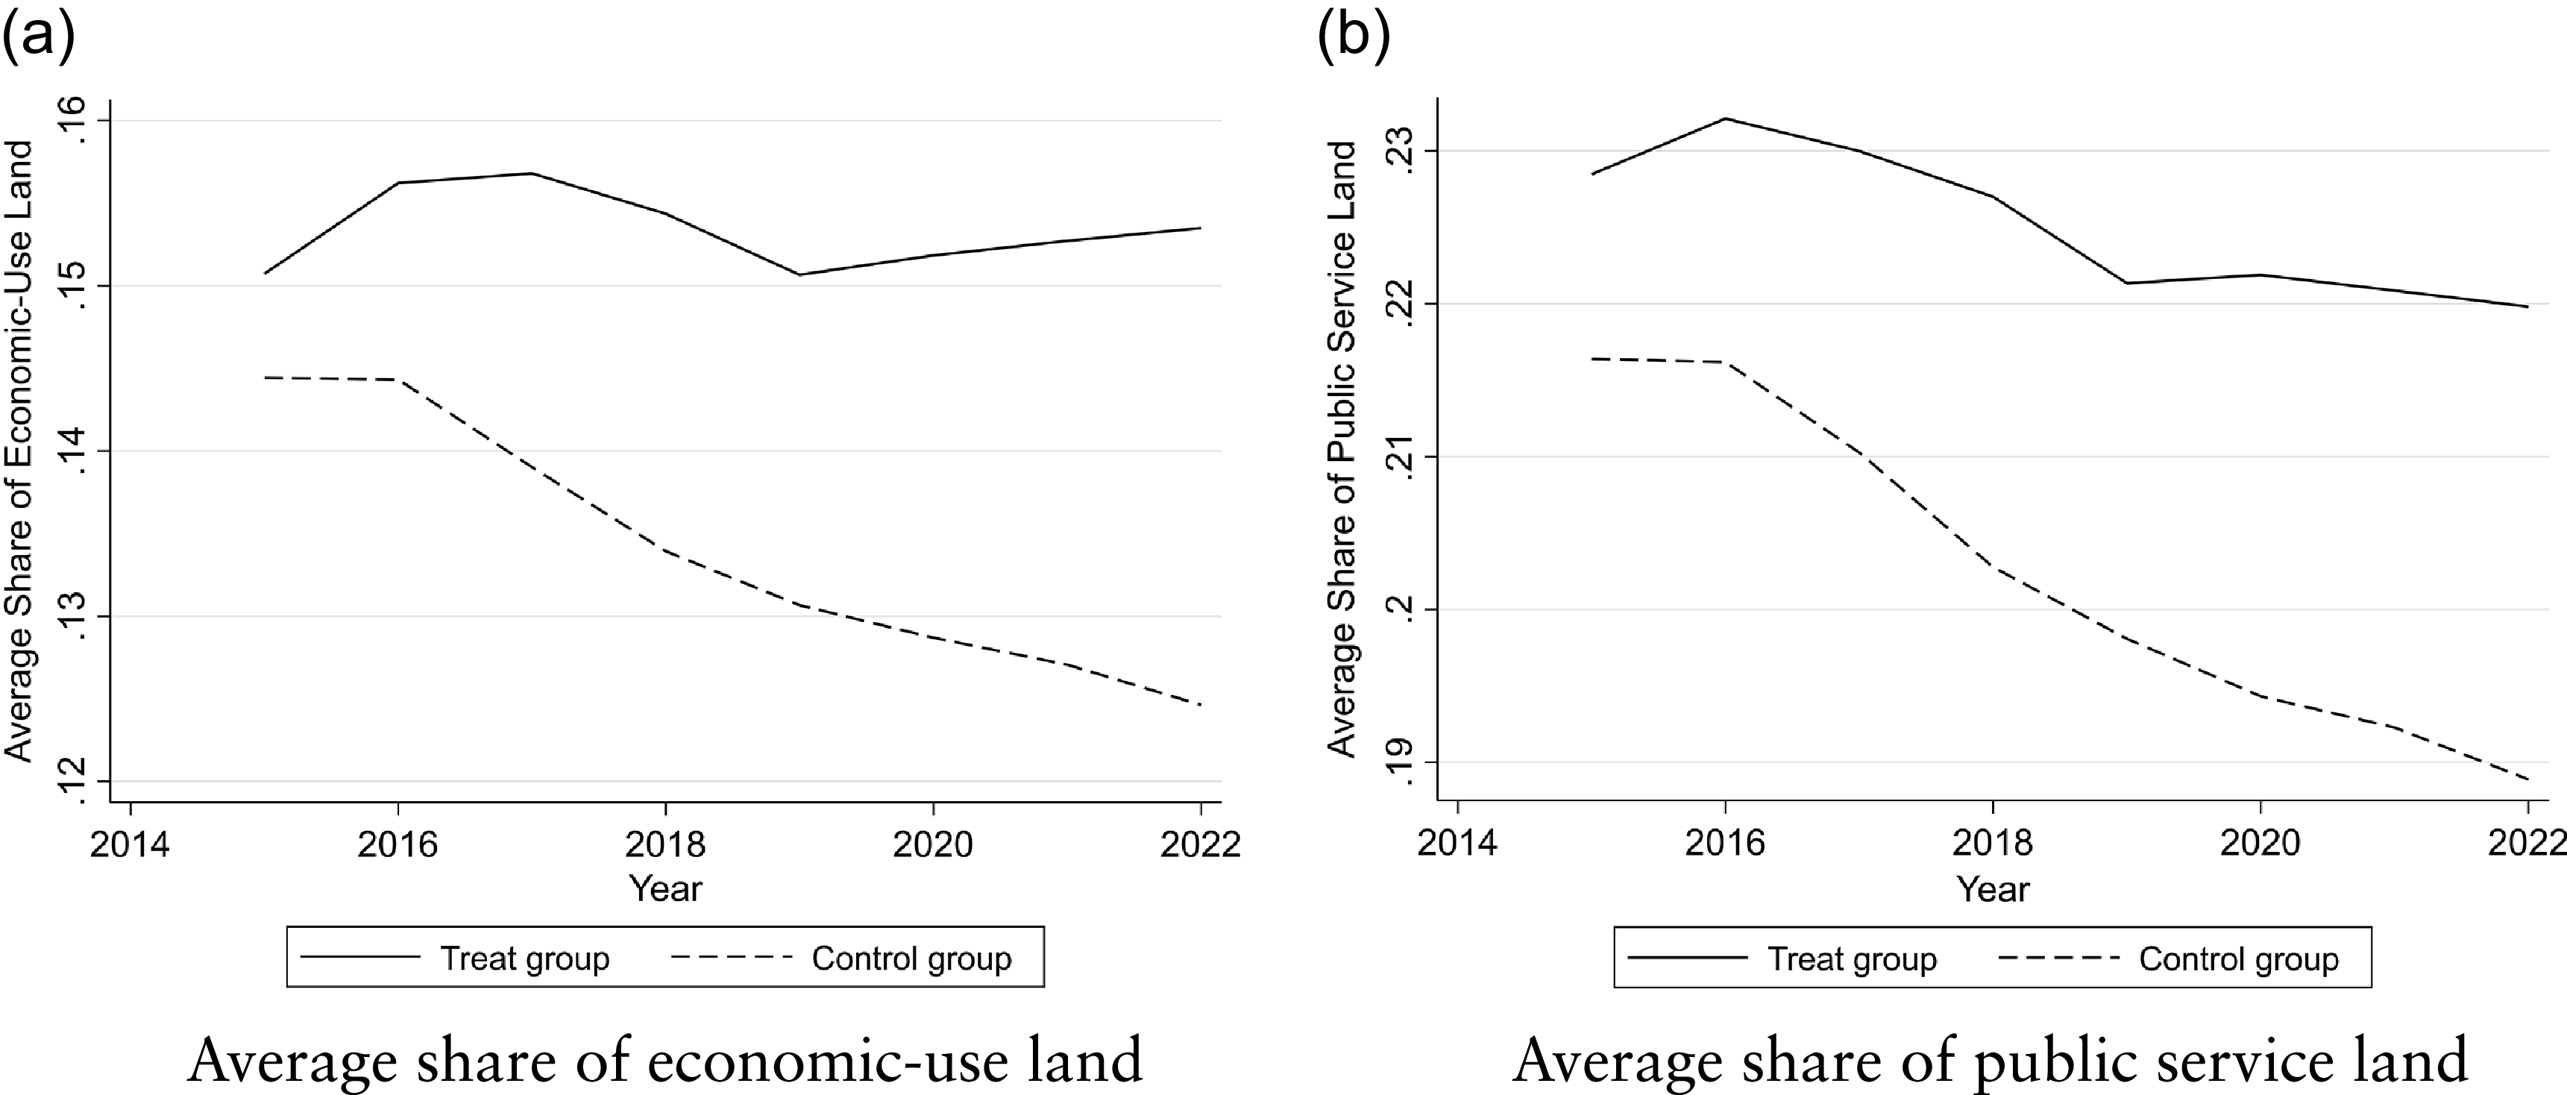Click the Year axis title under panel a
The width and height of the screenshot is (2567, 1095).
(x=664, y=888)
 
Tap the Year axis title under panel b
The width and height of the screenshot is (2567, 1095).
(x=1992, y=888)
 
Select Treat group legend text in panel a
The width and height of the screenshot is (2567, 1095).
(x=524, y=958)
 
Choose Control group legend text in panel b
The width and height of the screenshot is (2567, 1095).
(x=2238, y=958)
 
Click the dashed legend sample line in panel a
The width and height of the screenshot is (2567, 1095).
(x=732, y=958)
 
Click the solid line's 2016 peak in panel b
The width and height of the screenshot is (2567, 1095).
(x=1725, y=119)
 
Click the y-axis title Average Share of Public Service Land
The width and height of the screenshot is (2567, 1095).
(x=1342, y=448)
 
